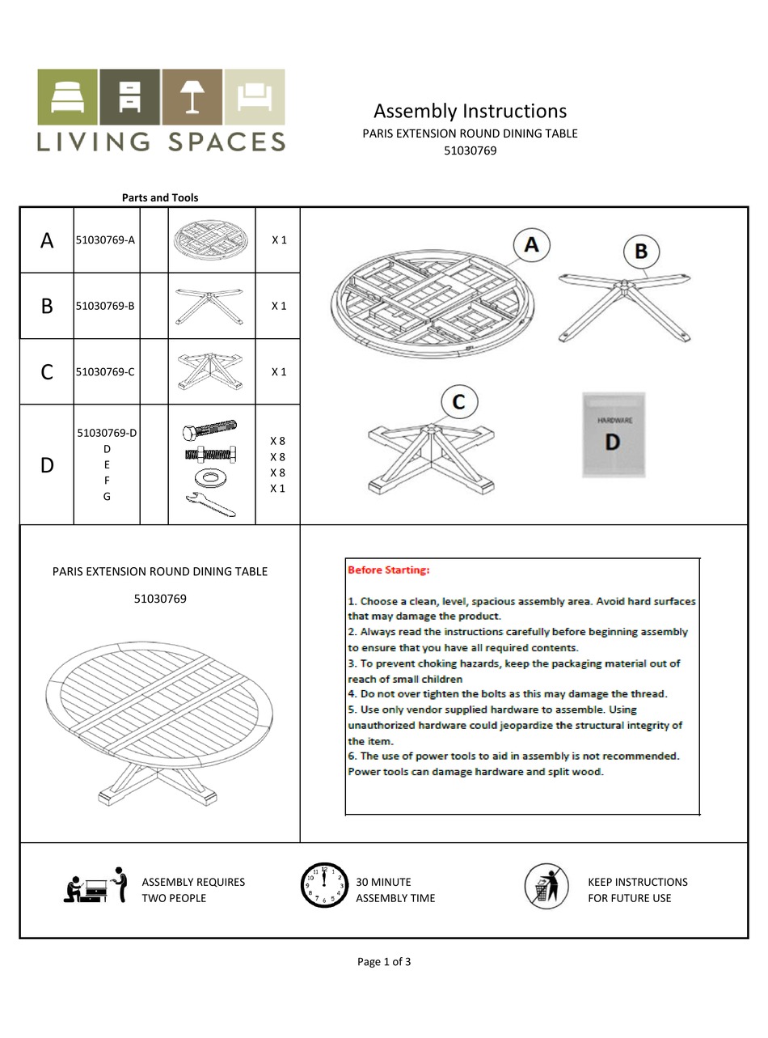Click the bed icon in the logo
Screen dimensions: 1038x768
click(x=67, y=96)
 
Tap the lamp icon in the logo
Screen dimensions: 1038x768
click(x=192, y=96)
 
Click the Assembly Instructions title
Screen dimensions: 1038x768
click(x=470, y=111)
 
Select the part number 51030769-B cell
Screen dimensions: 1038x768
click(x=105, y=306)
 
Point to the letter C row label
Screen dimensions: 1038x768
click(x=47, y=372)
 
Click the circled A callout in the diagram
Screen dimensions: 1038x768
click(x=531, y=244)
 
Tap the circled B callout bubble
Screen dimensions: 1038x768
click(x=640, y=251)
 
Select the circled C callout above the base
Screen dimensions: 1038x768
click(x=459, y=402)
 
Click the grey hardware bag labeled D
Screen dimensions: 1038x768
click(x=613, y=434)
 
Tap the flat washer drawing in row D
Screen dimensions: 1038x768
click(x=210, y=477)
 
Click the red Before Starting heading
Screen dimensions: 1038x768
click(x=389, y=570)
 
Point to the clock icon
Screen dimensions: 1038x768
click(x=324, y=885)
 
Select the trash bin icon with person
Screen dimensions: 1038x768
click(x=546, y=885)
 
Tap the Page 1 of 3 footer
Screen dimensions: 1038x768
click(x=384, y=962)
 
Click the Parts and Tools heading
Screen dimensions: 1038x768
click(x=160, y=197)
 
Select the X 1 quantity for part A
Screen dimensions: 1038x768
click(x=279, y=240)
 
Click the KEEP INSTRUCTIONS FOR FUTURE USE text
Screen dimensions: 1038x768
click(x=638, y=890)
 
